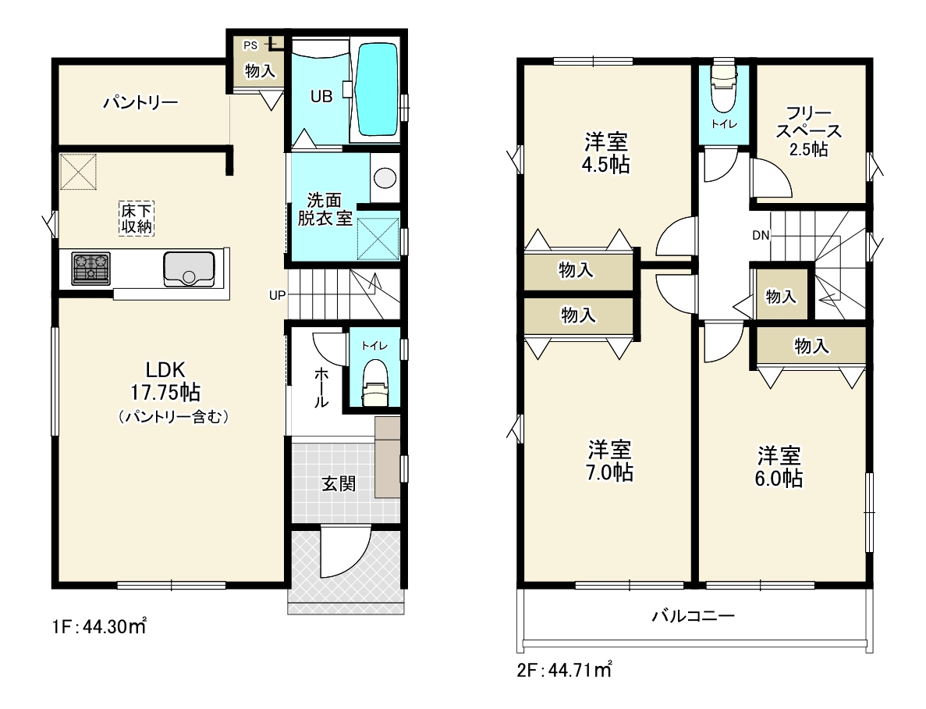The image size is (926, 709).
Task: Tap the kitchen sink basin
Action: pyautogui.click(x=189, y=269)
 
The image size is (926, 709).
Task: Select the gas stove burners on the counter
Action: pyautogui.click(x=91, y=268)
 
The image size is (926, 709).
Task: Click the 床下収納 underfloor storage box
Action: pyautogui.click(x=137, y=218)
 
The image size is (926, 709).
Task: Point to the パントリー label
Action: pyautogui.click(x=140, y=103)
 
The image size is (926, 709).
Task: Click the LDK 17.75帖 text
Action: pyautogui.click(x=165, y=381)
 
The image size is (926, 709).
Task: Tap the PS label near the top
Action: pyautogui.click(x=250, y=45)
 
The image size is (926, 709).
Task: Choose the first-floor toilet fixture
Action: pyautogui.click(x=374, y=383)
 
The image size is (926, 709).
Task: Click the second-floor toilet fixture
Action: pyautogui.click(x=724, y=85)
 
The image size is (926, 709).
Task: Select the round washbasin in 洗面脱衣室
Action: pyautogui.click(x=385, y=177)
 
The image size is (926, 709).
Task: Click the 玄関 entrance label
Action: pyautogui.click(x=339, y=483)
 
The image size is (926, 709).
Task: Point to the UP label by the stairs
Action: pyautogui.click(x=277, y=295)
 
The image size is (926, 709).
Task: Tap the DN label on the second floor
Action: pyautogui.click(x=761, y=235)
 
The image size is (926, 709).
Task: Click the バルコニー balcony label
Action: pyautogui.click(x=694, y=616)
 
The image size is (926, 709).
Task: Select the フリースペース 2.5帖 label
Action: pyautogui.click(x=808, y=131)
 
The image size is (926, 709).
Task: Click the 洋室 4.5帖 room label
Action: pyautogui.click(x=606, y=152)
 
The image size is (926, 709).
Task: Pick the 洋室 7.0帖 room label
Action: pyautogui.click(x=609, y=461)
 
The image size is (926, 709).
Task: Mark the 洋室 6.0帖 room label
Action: pyautogui.click(x=779, y=467)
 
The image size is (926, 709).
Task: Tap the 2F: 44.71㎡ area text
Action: pyautogui.click(x=565, y=669)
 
